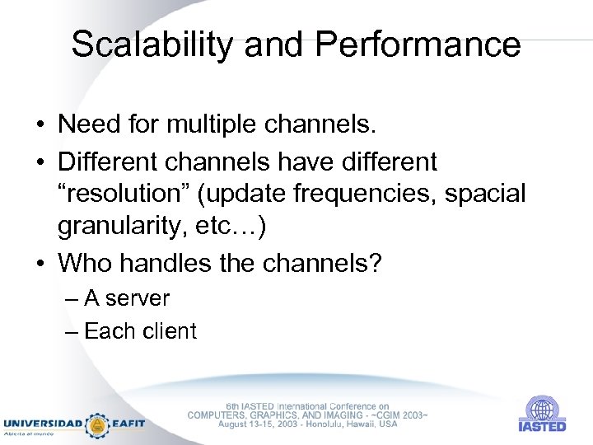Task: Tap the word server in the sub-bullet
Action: (138, 298)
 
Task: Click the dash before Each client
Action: (71, 331)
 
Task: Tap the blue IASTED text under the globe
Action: (542, 427)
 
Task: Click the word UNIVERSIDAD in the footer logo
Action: (43, 424)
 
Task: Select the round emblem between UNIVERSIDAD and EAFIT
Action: (98, 424)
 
